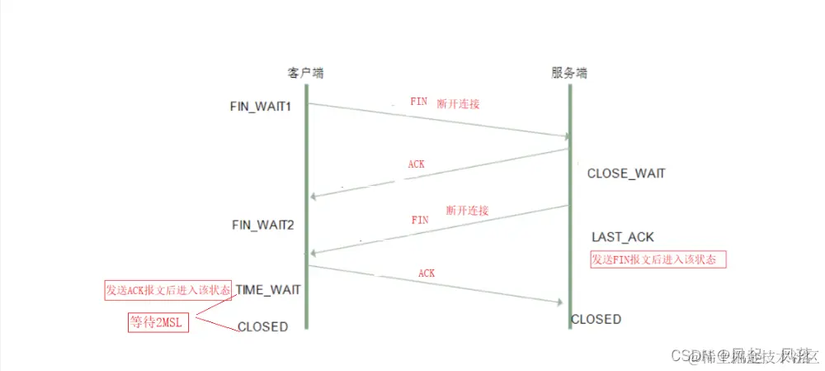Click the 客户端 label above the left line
(x=305, y=74)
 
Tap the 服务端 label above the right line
(x=569, y=74)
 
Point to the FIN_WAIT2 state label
(x=262, y=224)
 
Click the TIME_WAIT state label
(x=268, y=290)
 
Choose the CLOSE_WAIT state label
(x=625, y=174)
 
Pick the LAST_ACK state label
(x=622, y=237)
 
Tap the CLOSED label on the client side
(x=262, y=326)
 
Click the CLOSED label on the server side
(x=596, y=319)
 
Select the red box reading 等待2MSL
(x=158, y=321)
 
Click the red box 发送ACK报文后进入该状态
(x=167, y=290)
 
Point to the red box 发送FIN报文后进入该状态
(x=658, y=259)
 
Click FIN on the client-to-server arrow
(x=419, y=102)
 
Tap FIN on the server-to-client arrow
(x=420, y=221)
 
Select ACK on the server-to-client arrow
(x=417, y=164)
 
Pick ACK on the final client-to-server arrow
(x=427, y=273)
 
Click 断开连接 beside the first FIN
(x=458, y=104)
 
